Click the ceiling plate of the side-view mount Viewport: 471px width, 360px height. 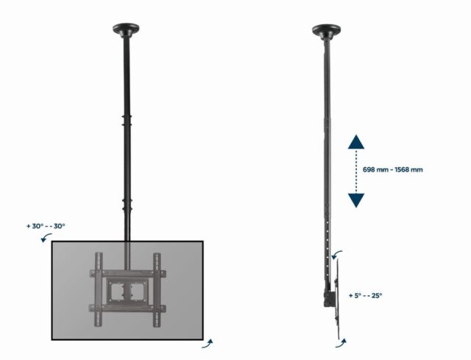pyautogui.click(x=326, y=31)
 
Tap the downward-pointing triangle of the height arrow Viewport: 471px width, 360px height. pyautogui.click(x=355, y=198)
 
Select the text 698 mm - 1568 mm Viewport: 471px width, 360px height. pyautogui.click(x=392, y=169)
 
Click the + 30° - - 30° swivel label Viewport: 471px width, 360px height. pyautogui.click(x=46, y=226)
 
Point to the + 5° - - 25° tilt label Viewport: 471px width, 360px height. pyautogui.click(x=365, y=296)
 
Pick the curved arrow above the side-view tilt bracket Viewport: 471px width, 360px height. pyautogui.click(x=338, y=255)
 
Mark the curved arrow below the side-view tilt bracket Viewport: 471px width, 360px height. pyautogui.click(x=341, y=340)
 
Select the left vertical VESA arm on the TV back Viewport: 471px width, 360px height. pyautogui.click(x=98, y=289)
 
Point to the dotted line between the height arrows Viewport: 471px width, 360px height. pyautogui.click(x=355, y=171)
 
